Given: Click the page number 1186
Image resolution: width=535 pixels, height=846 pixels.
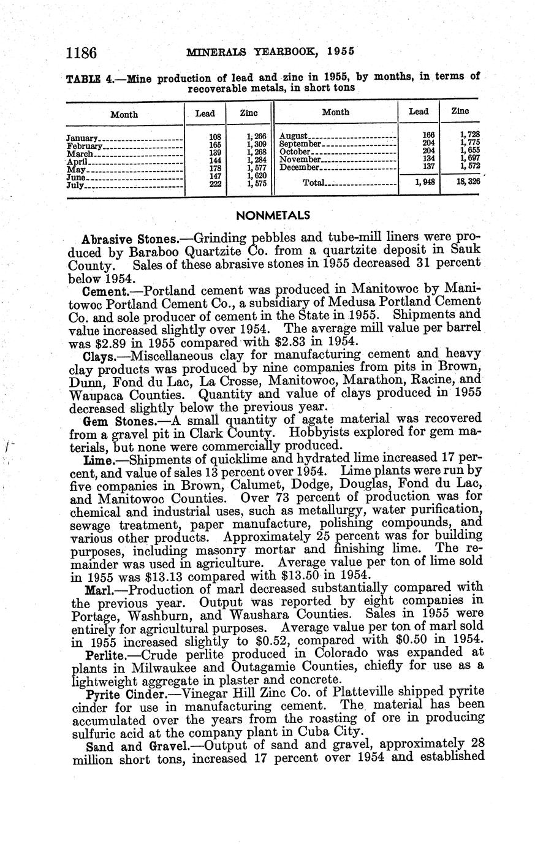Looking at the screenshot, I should [x=82, y=52].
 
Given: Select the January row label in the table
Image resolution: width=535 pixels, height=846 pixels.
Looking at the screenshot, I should [x=82, y=139].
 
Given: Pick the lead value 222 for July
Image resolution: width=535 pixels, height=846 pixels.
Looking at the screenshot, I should [x=215, y=183].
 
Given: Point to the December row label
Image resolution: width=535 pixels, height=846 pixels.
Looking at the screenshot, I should [x=300, y=167].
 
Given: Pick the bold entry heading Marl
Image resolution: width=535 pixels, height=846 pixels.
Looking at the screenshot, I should [x=96, y=590].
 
